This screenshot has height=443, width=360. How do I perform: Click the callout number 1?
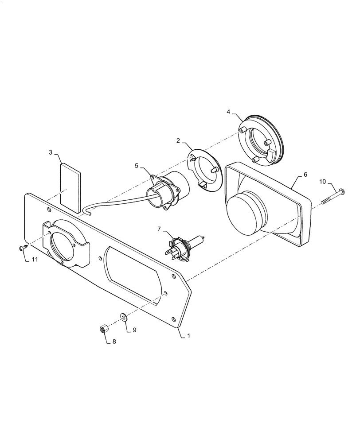(x=188, y=336)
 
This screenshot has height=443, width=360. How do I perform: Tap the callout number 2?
(x=178, y=141)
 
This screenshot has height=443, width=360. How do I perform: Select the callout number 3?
(x=51, y=153)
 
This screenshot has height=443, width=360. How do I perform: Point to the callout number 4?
(x=228, y=112)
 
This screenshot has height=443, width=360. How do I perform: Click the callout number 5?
(x=137, y=166)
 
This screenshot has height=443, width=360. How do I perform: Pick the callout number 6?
(x=305, y=175)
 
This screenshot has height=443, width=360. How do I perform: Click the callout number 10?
(x=322, y=181)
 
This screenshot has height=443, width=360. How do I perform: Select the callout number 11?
(x=34, y=259)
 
